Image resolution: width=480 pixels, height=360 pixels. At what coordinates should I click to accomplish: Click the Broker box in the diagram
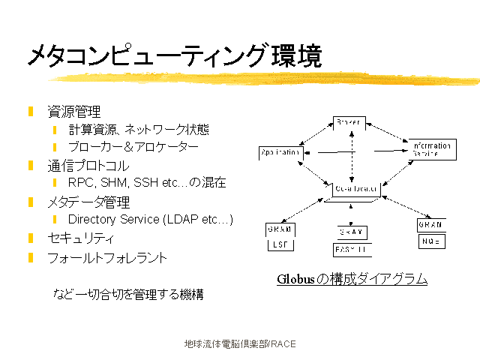(349, 122)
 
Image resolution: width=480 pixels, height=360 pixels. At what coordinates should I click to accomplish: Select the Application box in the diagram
(280, 152)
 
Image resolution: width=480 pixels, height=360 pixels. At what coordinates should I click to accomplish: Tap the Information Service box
(431, 148)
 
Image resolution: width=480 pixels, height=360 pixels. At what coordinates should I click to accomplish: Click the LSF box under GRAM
(279, 245)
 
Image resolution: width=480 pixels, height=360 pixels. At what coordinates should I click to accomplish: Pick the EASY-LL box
(351, 250)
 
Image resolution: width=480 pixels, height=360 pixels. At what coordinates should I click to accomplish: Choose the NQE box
(430, 241)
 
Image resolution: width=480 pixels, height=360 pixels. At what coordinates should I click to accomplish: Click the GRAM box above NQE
(430, 225)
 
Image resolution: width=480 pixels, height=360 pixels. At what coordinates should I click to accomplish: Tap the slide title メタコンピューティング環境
(175, 55)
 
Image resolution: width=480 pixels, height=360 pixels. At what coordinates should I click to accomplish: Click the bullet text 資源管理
(74, 112)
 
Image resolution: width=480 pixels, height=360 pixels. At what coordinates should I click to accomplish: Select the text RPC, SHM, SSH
(112, 182)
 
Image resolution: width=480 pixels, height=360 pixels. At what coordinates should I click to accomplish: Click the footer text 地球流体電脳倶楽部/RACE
(240, 344)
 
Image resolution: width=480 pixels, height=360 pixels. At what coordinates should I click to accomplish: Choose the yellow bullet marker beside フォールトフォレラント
(31, 258)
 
